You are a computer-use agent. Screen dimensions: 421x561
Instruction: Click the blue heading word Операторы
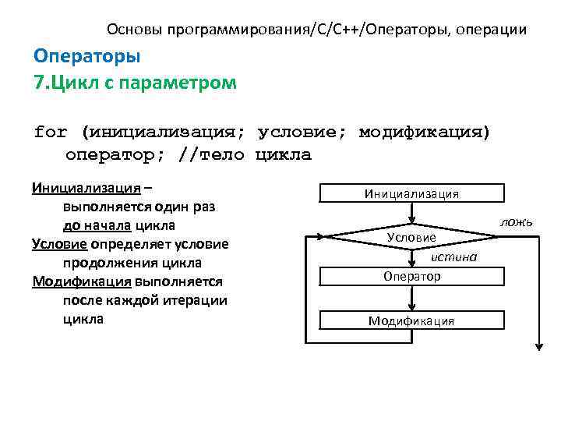point(87,57)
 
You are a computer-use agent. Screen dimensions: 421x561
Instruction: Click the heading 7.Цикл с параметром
point(135,82)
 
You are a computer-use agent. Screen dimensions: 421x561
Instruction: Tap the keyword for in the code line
point(51,132)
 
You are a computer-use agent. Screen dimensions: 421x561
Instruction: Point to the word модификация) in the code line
point(425,132)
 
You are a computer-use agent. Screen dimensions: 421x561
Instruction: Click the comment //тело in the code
point(211,154)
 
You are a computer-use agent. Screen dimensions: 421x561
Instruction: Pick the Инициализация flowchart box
point(411,193)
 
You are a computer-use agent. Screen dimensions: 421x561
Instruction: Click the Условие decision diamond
point(411,235)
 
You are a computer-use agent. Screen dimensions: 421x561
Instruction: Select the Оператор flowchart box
point(411,277)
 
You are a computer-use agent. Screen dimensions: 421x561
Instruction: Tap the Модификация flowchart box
point(411,320)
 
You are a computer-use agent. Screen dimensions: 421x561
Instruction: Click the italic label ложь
point(516,222)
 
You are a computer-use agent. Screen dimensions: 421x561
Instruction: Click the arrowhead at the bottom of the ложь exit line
point(538,348)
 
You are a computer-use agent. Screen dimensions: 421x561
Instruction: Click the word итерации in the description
point(201,300)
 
